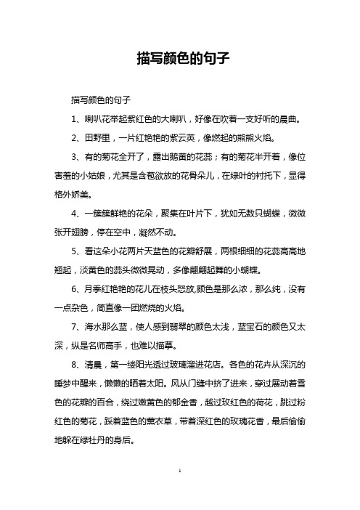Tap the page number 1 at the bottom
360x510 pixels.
(x=179, y=493)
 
